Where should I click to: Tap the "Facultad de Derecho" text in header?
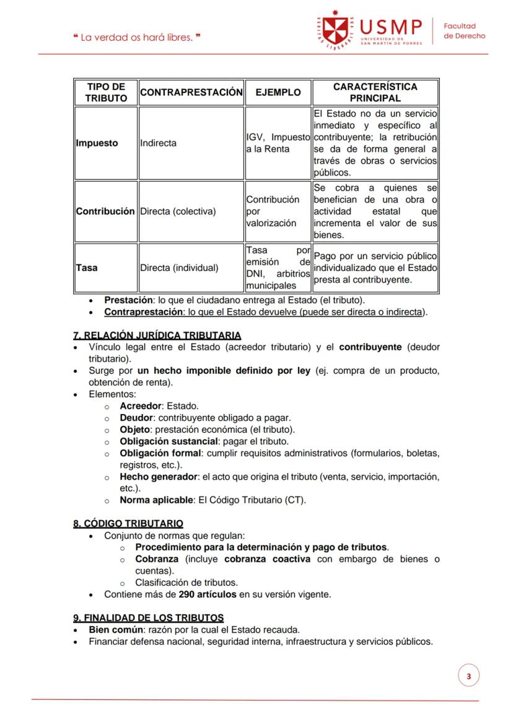click(x=464, y=31)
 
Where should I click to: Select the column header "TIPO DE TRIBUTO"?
click(x=106, y=92)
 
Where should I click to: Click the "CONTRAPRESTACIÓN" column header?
click(x=191, y=92)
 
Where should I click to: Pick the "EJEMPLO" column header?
click(x=278, y=92)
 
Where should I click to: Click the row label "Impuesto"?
click(x=97, y=143)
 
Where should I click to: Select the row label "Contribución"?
click(x=105, y=211)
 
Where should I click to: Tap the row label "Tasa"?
click(x=87, y=268)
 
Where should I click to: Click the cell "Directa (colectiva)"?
click(x=178, y=211)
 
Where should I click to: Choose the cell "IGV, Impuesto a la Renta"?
click(x=278, y=143)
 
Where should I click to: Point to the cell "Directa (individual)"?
click(x=179, y=268)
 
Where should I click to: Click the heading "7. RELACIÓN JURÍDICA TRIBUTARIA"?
click(x=157, y=335)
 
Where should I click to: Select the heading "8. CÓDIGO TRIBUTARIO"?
click(x=128, y=524)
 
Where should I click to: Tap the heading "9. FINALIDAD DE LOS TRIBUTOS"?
click(x=149, y=618)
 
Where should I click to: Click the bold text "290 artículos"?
click(x=208, y=595)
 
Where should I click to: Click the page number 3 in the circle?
click(x=468, y=676)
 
